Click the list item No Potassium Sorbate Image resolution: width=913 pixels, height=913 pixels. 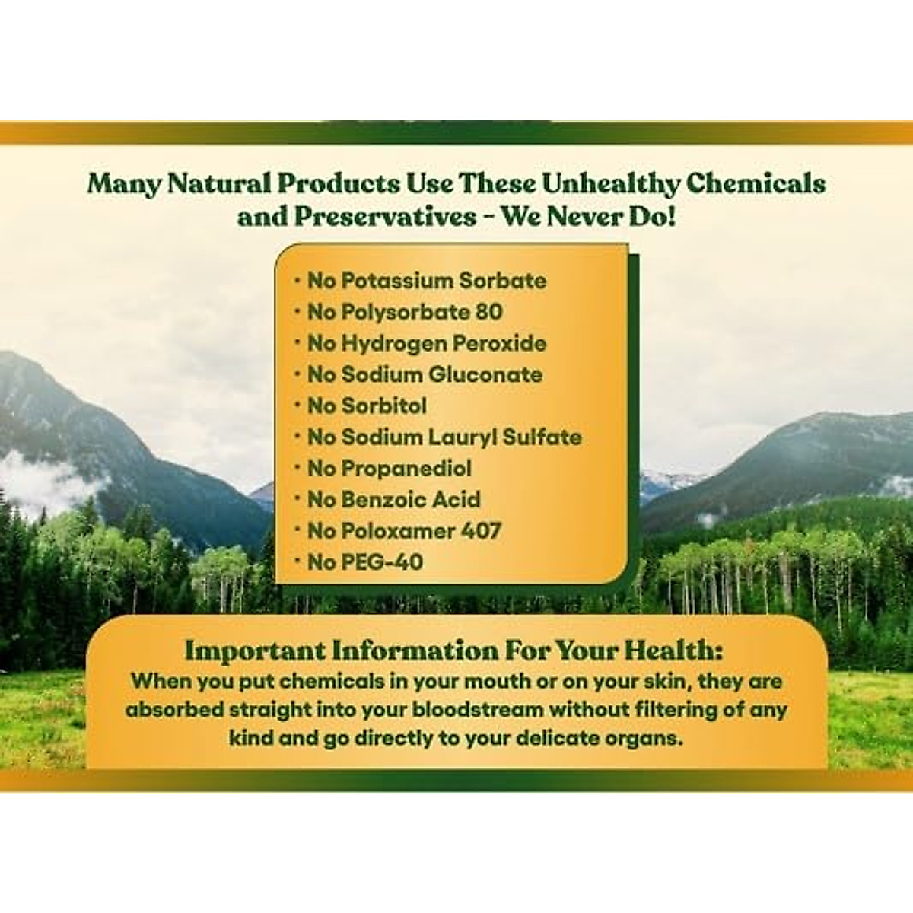point(426,281)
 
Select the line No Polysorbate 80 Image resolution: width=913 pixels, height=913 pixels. point(405,312)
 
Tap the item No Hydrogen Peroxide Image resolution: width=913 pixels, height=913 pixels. point(427,343)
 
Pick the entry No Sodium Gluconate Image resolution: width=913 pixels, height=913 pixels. point(425,375)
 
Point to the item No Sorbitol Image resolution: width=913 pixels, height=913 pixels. point(367,406)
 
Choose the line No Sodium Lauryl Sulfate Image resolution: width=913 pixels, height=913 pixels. point(444,437)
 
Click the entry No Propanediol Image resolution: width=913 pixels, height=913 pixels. point(390,469)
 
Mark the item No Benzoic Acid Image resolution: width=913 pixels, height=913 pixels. point(393,499)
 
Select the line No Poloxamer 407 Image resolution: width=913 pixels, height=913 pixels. point(404,530)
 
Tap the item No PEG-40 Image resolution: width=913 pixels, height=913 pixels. point(365,562)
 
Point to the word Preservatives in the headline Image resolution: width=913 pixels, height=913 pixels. point(385,218)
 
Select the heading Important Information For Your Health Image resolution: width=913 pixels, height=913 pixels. point(454,650)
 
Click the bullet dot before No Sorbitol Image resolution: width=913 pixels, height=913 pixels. point(297,406)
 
